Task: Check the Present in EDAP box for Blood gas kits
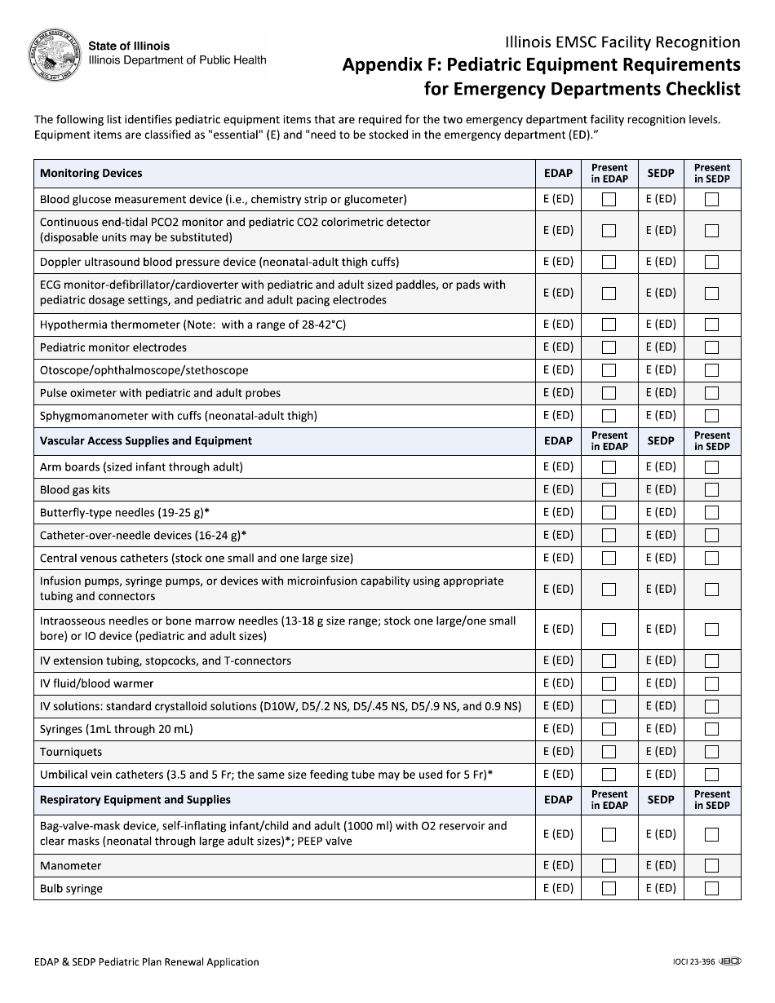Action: pos(609,490)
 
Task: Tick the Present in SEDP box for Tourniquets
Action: pos(711,752)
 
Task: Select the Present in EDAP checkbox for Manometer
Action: pos(609,866)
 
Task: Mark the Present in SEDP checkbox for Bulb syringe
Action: pos(711,889)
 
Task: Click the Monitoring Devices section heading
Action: pos(91,173)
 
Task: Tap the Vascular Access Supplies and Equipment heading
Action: pos(146,441)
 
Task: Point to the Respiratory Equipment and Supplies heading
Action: pos(135,800)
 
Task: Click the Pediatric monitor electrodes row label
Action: pos(113,347)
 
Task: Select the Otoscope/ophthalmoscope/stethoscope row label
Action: pos(144,370)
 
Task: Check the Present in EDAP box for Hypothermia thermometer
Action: pos(609,325)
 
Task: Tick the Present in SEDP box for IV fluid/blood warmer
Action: pos(711,683)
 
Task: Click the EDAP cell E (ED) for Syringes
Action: pos(559,729)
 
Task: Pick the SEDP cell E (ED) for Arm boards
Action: pos(661,467)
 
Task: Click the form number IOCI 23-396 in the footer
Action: pos(689,962)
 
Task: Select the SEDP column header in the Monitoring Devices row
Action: pos(661,173)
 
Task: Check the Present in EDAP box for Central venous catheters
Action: pos(609,559)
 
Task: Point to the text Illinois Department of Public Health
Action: pos(177,60)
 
